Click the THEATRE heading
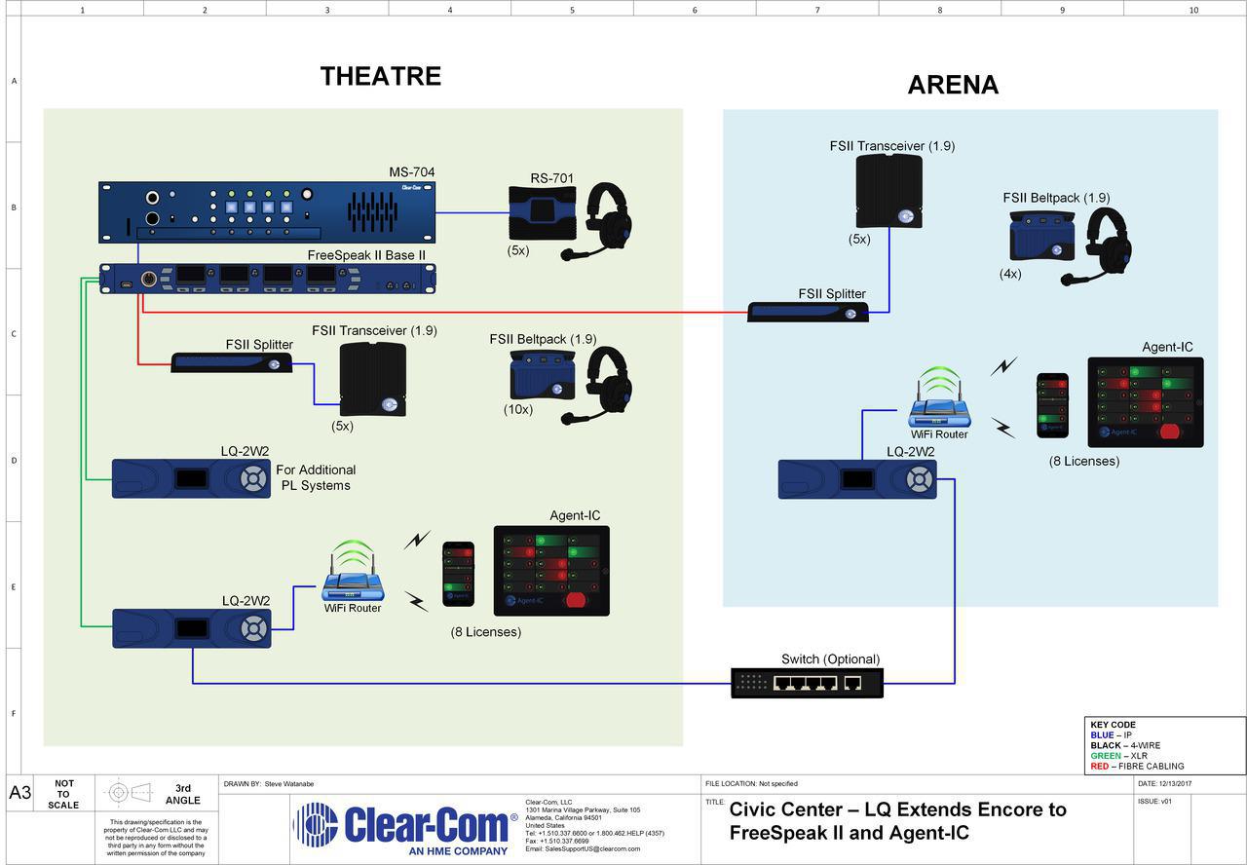point(381,76)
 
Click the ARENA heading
point(953,85)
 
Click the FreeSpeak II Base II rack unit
point(268,278)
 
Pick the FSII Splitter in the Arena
point(808,312)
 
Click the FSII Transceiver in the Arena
point(888,190)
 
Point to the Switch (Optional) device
point(807,682)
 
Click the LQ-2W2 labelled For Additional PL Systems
point(191,478)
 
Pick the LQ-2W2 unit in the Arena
point(857,479)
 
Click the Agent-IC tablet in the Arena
point(1145,402)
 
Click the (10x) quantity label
point(518,409)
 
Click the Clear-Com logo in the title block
point(405,826)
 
